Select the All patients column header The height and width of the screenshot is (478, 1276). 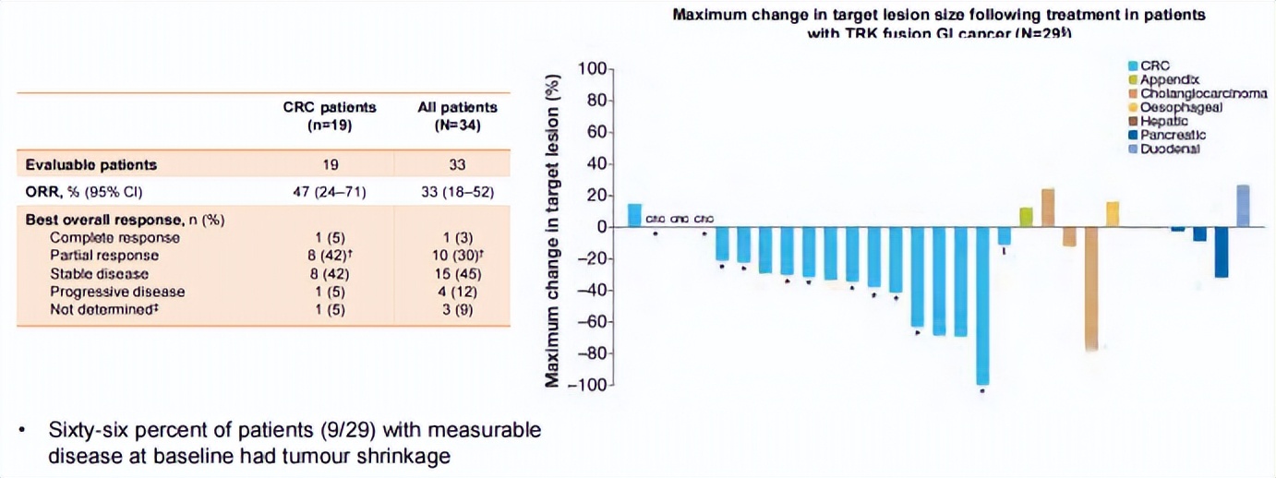coord(457,116)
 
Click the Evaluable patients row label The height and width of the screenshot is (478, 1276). coord(91,165)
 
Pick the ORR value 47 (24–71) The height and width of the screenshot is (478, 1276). coord(330,192)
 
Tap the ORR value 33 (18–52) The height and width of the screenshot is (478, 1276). coord(457,192)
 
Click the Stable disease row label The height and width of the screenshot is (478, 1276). coord(99,274)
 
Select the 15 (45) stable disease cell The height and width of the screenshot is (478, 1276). coord(457,274)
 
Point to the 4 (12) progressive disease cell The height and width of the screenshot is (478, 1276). coord(457,292)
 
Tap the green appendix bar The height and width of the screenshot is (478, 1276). coord(1026,217)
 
